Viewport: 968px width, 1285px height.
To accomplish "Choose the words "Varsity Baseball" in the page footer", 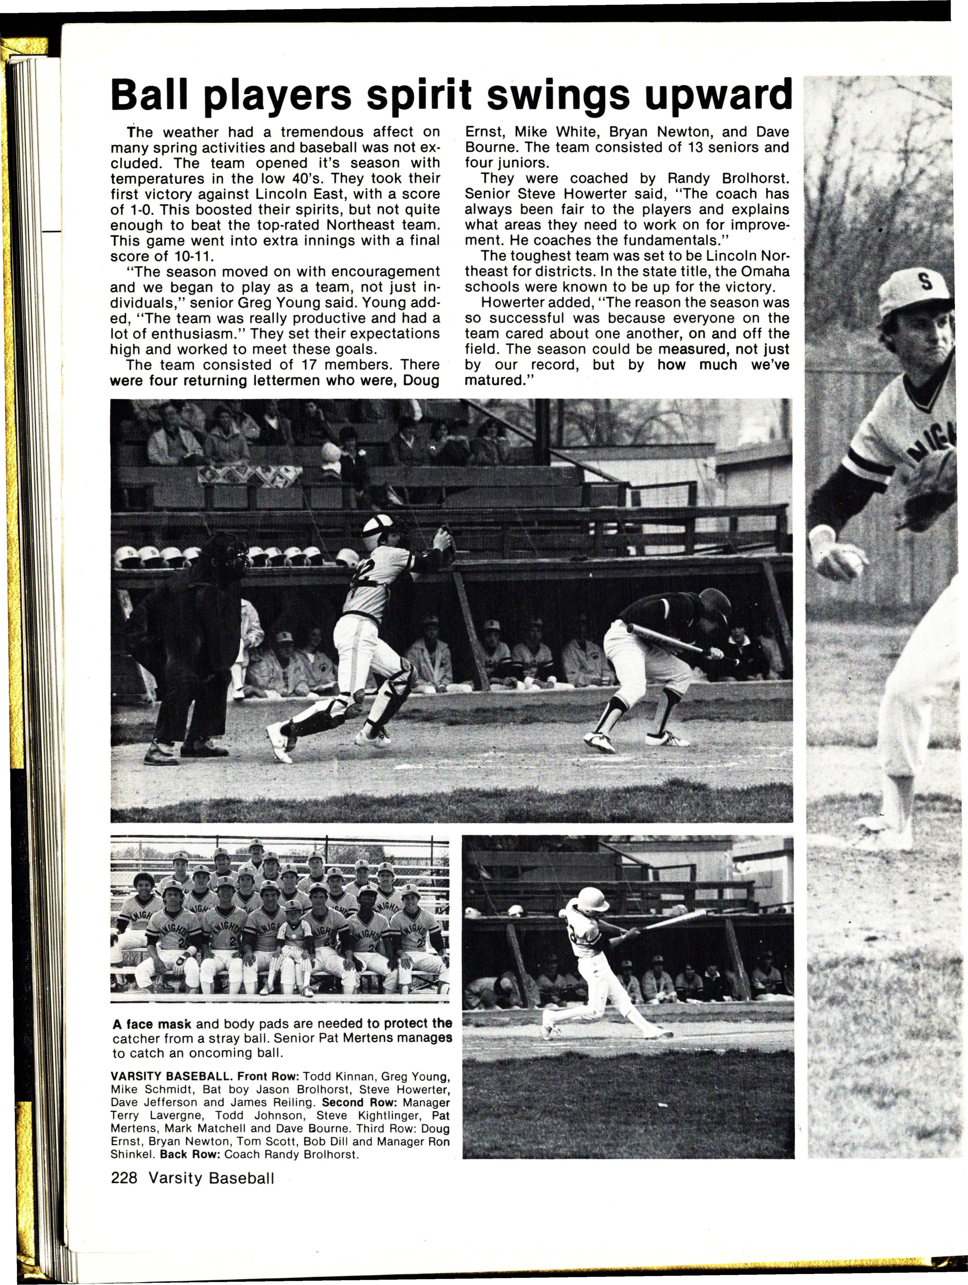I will coord(211,1177).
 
